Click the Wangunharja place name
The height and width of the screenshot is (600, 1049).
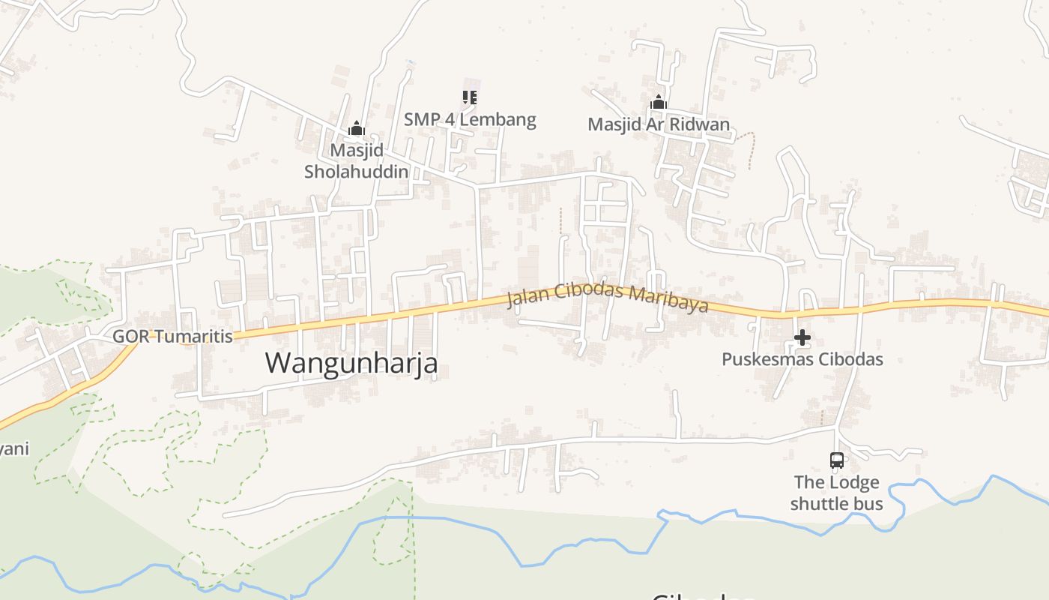(x=351, y=363)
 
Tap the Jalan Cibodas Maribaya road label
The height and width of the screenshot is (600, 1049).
(x=608, y=297)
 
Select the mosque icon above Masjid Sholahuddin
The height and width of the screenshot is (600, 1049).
(x=357, y=128)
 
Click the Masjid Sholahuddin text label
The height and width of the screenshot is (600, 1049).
(x=357, y=160)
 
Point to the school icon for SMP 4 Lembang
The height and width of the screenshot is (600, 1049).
(x=470, y=97)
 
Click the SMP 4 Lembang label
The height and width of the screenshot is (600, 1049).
(x=470, y=119)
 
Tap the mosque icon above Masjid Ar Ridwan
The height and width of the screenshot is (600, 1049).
(x=659, y=103)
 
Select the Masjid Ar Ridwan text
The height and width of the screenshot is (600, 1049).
(x=659, y=124)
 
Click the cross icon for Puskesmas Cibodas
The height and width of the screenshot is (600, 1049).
(x=802, y=337)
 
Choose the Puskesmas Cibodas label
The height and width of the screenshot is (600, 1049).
(x=802, y=359)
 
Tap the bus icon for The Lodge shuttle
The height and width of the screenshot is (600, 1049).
(x=837, y=460)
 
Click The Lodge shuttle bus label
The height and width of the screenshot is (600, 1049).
(x=837, y=493)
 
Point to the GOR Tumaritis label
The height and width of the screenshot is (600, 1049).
(x=172, y=336)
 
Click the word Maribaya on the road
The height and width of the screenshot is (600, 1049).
(x=668, y=301)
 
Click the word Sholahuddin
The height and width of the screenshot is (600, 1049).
(x=357, y=172)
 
